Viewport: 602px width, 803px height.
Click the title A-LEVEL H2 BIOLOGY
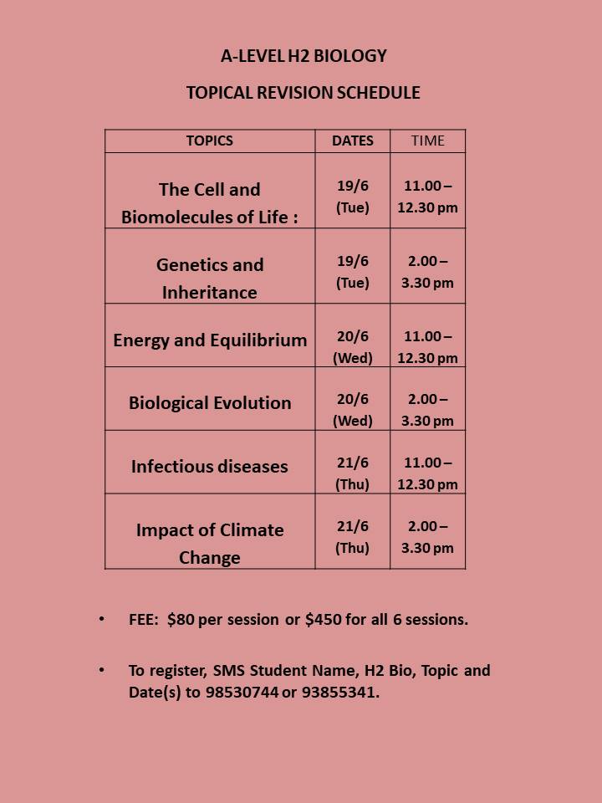(x=304, y=56)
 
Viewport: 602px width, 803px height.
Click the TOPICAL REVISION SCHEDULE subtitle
(x=303, y=93)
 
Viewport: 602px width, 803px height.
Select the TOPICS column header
(x=210, y=141)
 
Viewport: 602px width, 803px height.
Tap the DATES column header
(x=353, y=141)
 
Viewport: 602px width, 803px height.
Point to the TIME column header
(x=427, y=141)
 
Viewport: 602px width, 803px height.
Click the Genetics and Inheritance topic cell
(x=210, y=279)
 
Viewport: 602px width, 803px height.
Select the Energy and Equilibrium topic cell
(x=210, y=340)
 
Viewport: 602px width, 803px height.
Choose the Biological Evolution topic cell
(x=210, y=402)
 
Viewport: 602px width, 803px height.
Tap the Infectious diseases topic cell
(x=210, y=466)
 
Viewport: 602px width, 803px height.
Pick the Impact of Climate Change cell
(x=210, y=544)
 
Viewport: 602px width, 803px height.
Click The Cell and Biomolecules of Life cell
(x=210, y=203)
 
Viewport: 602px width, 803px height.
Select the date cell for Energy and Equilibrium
(x=353, y=346)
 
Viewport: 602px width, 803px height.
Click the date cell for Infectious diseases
(x=353, y=473)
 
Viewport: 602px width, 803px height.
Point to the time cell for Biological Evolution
(x=427, y=410)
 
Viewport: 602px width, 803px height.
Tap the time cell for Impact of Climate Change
(x=427, y=537)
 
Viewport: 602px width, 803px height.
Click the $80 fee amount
(x=181, y=620)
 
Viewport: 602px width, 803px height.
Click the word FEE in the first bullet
(x=142, y=620)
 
